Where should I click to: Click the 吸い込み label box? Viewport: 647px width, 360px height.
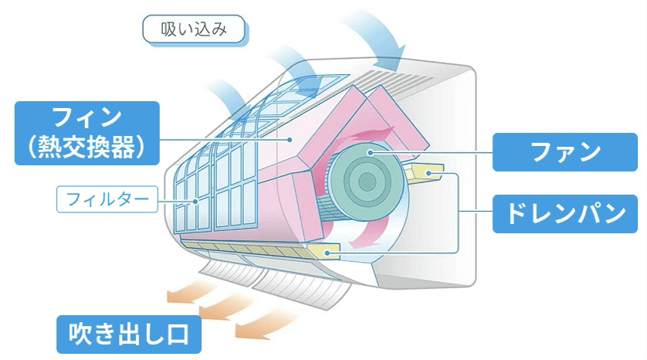click(194, 29)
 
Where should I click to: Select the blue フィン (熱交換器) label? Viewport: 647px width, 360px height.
click(87, 133)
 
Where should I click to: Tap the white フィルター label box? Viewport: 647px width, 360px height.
click(107, 199)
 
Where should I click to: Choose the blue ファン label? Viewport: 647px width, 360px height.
click(565, 152)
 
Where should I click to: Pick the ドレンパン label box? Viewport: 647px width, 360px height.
click(565, 213)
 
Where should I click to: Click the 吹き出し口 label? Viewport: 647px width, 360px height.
click(129, 335)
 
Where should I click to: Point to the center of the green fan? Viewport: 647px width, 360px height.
click(367, 182)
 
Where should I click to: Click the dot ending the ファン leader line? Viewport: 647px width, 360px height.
click(371, 153)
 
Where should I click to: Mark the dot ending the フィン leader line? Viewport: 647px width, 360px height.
click(290, 140)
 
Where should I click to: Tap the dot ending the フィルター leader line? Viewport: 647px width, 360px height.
click(195, 202)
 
